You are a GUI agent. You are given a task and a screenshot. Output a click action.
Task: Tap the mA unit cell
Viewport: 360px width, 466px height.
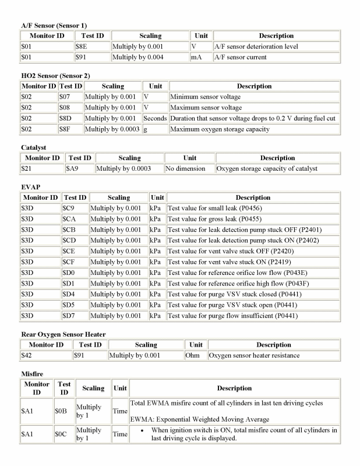pos(196,57)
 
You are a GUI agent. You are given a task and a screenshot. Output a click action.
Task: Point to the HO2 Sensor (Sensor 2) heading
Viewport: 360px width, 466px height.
pos(55,76)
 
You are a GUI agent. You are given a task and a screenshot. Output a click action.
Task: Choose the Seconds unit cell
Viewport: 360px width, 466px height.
pos(155,118)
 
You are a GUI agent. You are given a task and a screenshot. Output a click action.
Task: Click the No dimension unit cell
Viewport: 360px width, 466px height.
pos(185,168)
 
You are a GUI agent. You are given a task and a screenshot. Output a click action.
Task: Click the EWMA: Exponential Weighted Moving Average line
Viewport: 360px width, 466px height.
pos(200,419)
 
